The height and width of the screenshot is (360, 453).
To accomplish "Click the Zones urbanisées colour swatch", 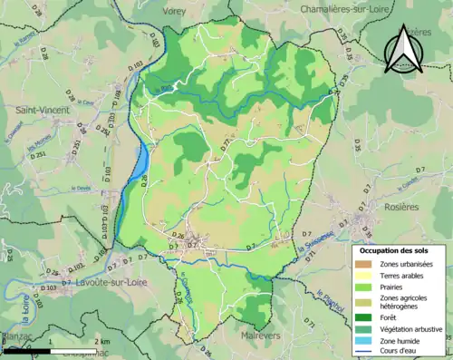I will point(367,264).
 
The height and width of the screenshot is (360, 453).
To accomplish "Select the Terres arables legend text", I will point(405,277).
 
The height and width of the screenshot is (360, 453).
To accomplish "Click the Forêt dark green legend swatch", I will point(367,318).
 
